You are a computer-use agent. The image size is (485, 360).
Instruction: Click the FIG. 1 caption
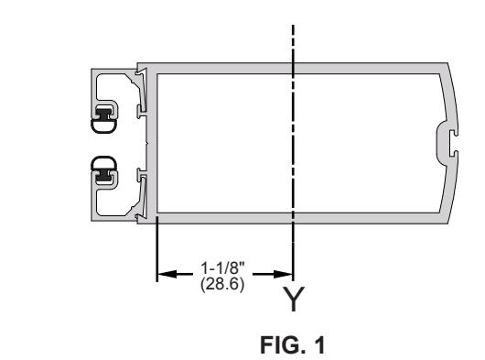(292, 344)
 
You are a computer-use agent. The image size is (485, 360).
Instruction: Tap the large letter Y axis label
(294, 299)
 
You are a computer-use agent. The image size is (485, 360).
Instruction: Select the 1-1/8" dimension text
(222, 267)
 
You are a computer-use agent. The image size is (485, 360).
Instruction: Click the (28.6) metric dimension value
(222, 284)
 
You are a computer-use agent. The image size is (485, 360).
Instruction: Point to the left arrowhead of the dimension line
(167, 274)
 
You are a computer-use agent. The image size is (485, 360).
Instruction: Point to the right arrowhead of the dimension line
(283, 274)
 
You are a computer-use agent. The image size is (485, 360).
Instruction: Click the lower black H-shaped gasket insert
(104, 175)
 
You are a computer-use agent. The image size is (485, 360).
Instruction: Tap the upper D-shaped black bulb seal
(103, 126)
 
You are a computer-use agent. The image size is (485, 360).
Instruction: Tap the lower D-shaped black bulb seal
(103, 163)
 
